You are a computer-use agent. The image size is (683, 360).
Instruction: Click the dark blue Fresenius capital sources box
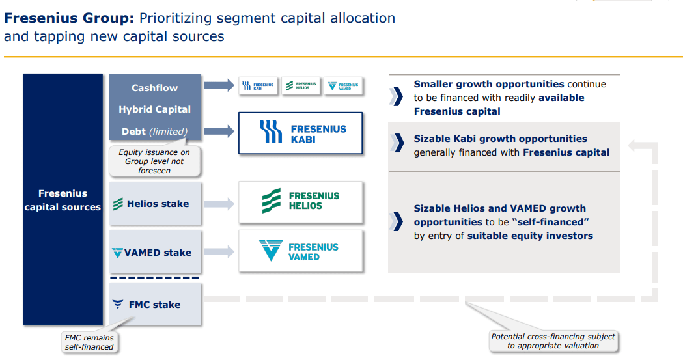pyautogui.click(x=63, y=199)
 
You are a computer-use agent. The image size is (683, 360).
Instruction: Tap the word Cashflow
pyautogui.click(x=154, y=88)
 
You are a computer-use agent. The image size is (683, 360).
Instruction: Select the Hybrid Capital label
pyautogui.click(x=154, y=109)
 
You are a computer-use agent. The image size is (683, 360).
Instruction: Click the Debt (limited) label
pyautogui.click(x=154, y=132)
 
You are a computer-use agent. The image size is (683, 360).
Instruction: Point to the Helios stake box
pyautogui.click(x=155, y=204)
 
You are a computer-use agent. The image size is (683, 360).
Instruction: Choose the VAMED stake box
pyautogui.click(x=155, y=252)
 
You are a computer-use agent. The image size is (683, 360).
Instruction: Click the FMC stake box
pyautogui.click(x=155, y=304)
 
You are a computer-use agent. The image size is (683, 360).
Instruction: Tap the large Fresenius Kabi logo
pyautogui.click(x=300, y=133)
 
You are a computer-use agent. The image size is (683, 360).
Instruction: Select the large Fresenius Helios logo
pyautogui.click(x=300, y=201)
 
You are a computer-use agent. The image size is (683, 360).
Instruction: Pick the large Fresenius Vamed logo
pyautogui.click(x=300, y=251)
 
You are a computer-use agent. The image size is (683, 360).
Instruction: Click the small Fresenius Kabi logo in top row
pyautogui.click(x=258, y=86)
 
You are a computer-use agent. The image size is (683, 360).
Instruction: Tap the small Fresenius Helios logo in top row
pyautogui.click(x=301, y=86)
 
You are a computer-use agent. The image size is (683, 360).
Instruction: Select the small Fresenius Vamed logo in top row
pyautogui.click(x=343, y=86)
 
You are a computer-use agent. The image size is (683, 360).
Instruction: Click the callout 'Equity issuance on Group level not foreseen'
pyautogui.click(x=154, y=161)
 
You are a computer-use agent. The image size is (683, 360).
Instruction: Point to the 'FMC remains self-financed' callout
pyautogui.click(x=89, y=342)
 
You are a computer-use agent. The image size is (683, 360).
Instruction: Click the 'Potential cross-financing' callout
pyautogui.click(x=553, y=341)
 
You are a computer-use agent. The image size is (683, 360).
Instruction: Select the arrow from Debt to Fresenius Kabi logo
pyautogui.click(x=219, y=132)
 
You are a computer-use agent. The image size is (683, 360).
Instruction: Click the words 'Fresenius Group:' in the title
pyautogui.click(x=69, y=18)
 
